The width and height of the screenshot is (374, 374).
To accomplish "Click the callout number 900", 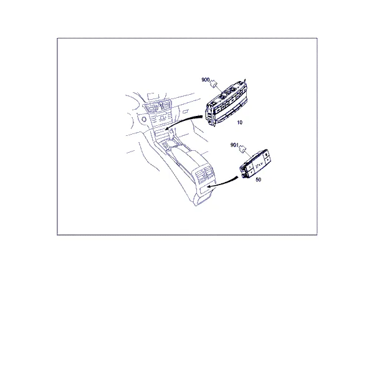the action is [x=205, y=80].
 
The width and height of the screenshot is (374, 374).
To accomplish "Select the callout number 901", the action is [x=234, y=145].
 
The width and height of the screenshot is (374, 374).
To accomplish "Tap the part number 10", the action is [x=239, y=122].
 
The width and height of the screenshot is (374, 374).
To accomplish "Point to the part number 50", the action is [x=258, y=180].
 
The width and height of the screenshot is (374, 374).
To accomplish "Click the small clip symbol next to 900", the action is [x=213, y=84].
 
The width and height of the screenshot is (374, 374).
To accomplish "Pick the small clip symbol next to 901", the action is [x=242, y=149].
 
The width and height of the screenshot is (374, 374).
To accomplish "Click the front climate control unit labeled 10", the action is [x=226, y=103].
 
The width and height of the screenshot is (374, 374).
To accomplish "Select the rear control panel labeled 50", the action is [x=255, y=164].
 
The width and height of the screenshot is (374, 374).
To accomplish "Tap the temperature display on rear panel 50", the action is [x=259, y=165].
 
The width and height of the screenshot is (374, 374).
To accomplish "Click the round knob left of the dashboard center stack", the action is [x=144, y=119].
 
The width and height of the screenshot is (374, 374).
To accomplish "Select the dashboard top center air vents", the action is [x=157, y=107].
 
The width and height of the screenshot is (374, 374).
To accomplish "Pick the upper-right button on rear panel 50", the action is [x=266, y=154].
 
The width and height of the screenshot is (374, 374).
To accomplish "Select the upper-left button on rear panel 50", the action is [x=248, y=166].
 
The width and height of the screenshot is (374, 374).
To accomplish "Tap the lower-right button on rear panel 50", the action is [x=267, y=159].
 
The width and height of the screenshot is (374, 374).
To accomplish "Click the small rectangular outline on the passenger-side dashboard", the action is [x=185, y=112].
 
